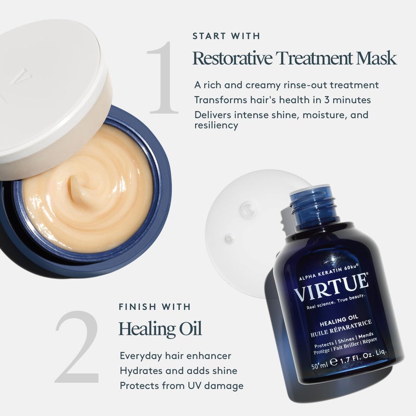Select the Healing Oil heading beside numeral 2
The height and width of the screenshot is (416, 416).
click(x=160, y=328)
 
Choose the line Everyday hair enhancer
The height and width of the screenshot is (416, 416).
click(x=175, y=356)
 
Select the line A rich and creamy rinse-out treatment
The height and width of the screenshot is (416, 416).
click(x=286, y=84)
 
